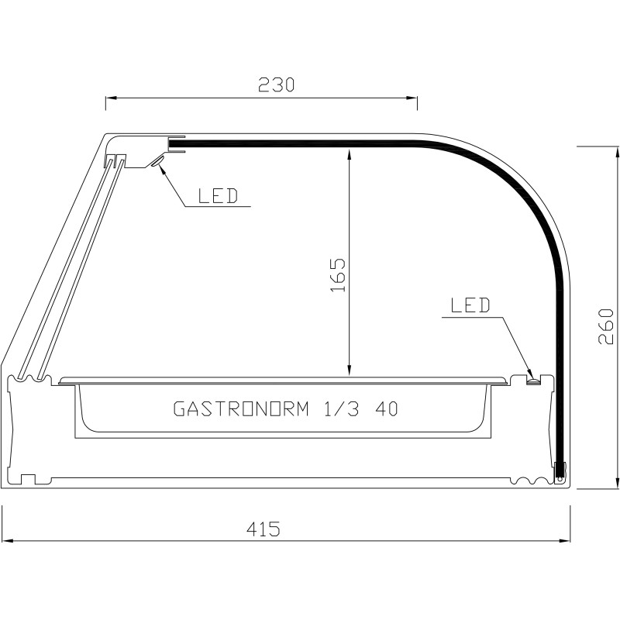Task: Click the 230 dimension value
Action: (277, 84)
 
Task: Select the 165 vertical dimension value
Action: (338, 275)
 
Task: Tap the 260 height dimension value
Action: (605, 326)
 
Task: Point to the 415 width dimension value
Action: (263, 529)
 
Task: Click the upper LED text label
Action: (219, 196)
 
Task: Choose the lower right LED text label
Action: (470, 305)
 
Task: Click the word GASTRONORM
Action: (241, 409)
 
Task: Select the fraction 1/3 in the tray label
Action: (342, 409)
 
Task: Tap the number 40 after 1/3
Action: (386, 409)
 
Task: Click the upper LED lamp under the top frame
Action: (157, 161)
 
